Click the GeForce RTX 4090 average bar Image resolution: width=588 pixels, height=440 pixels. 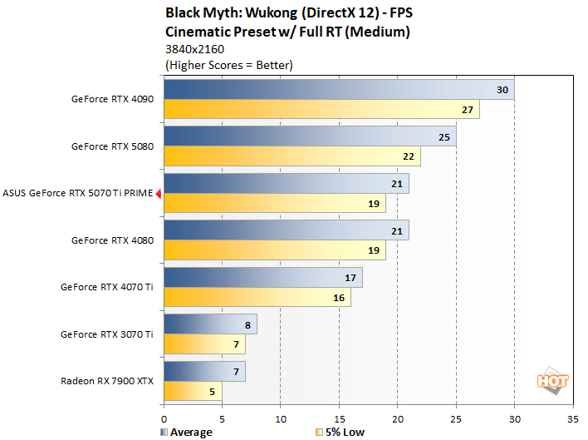coord(339,90)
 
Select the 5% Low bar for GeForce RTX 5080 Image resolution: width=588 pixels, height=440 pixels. coord(292,156)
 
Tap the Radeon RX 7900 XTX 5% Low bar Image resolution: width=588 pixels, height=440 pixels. coord(193,391)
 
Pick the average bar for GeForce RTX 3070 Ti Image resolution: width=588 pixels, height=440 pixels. coord(210,324)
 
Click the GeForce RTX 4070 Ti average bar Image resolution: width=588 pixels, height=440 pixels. coord(263,277)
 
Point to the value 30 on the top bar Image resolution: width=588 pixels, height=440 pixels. coord(502,90)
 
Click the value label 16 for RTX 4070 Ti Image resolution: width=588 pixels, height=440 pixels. coord(339,298)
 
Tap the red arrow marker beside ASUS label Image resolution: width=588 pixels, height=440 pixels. coord(158,193)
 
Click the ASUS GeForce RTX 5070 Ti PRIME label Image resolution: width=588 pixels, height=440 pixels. coord(78,193)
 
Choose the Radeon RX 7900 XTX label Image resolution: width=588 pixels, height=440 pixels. coord(106,381)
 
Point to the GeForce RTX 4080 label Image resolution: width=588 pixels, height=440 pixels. coord(112,240)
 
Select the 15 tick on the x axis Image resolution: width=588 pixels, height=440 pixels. coord(340,419)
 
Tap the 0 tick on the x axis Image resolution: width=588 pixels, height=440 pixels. coord(164,419)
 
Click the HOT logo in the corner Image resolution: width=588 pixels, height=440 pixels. coord(553,381)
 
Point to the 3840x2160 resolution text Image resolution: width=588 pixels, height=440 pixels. coord(195,49)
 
